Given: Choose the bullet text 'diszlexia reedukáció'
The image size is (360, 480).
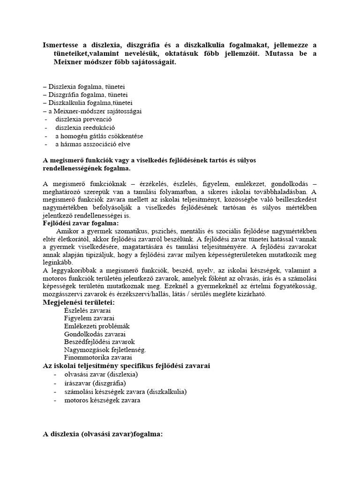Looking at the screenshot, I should tap(85, 127).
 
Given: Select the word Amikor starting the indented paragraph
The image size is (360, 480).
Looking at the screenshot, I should tap(67, 232).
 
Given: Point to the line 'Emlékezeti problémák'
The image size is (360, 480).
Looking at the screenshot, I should tap(97, 326).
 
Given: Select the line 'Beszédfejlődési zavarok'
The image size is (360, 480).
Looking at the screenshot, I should tap(99, 342).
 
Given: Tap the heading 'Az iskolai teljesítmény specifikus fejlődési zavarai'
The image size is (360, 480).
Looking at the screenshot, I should tap(127, 365).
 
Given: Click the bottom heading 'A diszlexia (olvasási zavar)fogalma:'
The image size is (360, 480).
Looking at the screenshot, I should tap(103, 434).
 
